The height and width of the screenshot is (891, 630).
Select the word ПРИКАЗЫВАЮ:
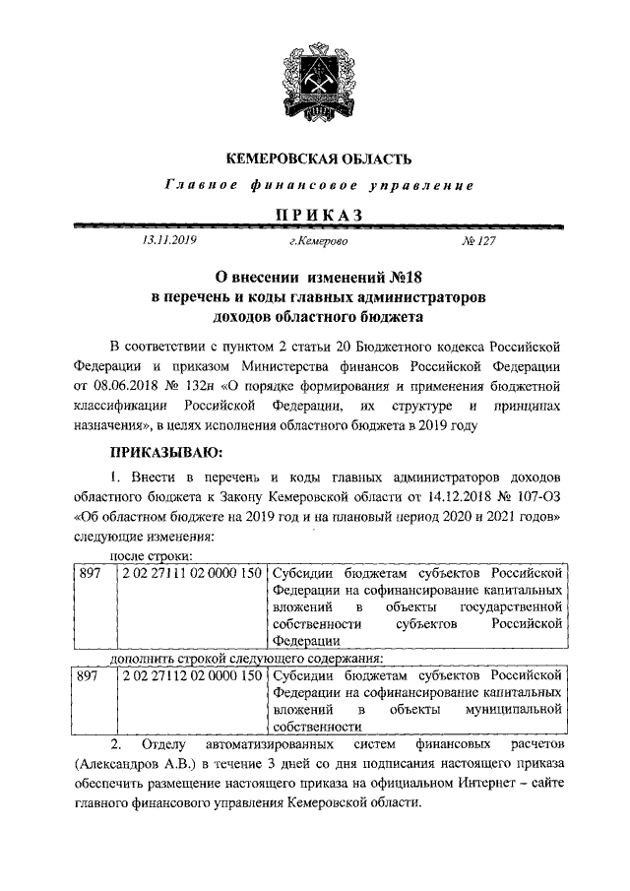pos(167,452)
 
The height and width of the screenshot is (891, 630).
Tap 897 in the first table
pos(90,572)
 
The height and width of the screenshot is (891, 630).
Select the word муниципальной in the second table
pos(518,710)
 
